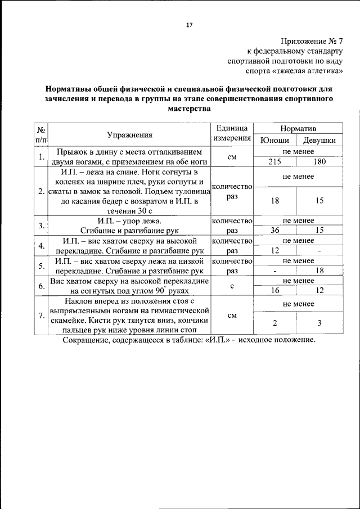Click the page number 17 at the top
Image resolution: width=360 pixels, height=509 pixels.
click(x=189, y=25)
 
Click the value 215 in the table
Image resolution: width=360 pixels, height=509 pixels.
click(x=275, y=161)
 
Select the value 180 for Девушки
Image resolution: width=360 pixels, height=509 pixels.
click(x=319, y=161)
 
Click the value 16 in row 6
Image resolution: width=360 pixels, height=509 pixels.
click(x=275, y=291)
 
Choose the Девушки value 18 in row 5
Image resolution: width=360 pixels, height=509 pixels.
click(x=319, y=271)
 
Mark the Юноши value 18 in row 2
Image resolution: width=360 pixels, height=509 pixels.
click(x=275, y=200)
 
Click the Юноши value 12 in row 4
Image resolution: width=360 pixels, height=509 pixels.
click(x=275, y=250)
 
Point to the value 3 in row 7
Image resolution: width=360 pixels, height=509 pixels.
click(x=319, y=322)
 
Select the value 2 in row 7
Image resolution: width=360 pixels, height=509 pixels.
click(x=275, y=322)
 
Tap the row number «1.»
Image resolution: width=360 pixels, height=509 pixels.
click(x=41, y=156)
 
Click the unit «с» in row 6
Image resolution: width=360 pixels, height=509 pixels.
click(x=232, y=286)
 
